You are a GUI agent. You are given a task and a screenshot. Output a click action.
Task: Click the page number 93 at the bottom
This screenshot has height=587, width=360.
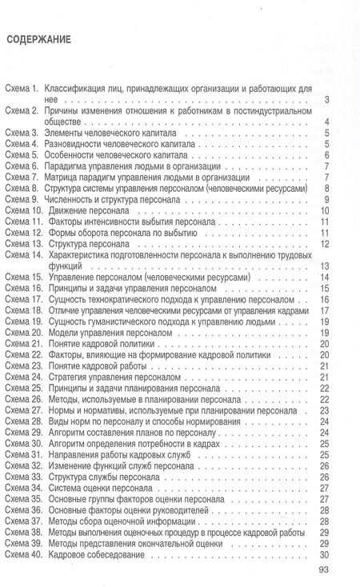coord(323,570)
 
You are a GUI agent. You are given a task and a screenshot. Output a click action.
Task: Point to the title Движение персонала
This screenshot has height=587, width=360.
coord(92,210)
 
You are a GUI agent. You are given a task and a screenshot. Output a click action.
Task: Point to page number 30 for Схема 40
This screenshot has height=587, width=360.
coord(324,555)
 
